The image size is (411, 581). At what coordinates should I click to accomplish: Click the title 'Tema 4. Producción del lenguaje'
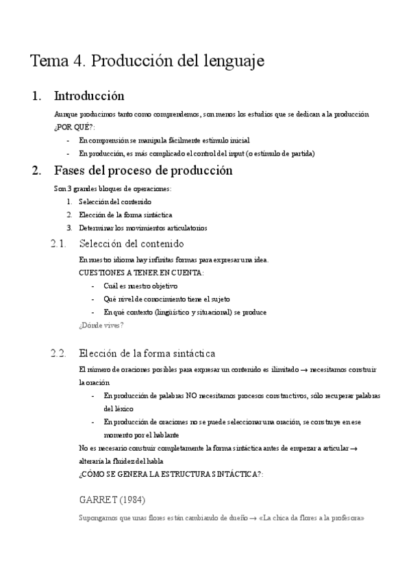(147, 61)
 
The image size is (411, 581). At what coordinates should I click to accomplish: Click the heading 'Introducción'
(88, 96)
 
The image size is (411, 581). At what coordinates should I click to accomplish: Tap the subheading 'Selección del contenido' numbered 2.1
(132, 243)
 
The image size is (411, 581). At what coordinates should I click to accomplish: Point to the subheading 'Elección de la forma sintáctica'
(147, 354)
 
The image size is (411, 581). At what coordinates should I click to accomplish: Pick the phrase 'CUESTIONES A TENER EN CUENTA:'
(141, 273)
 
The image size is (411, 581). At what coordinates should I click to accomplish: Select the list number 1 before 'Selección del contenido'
(69, 201)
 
